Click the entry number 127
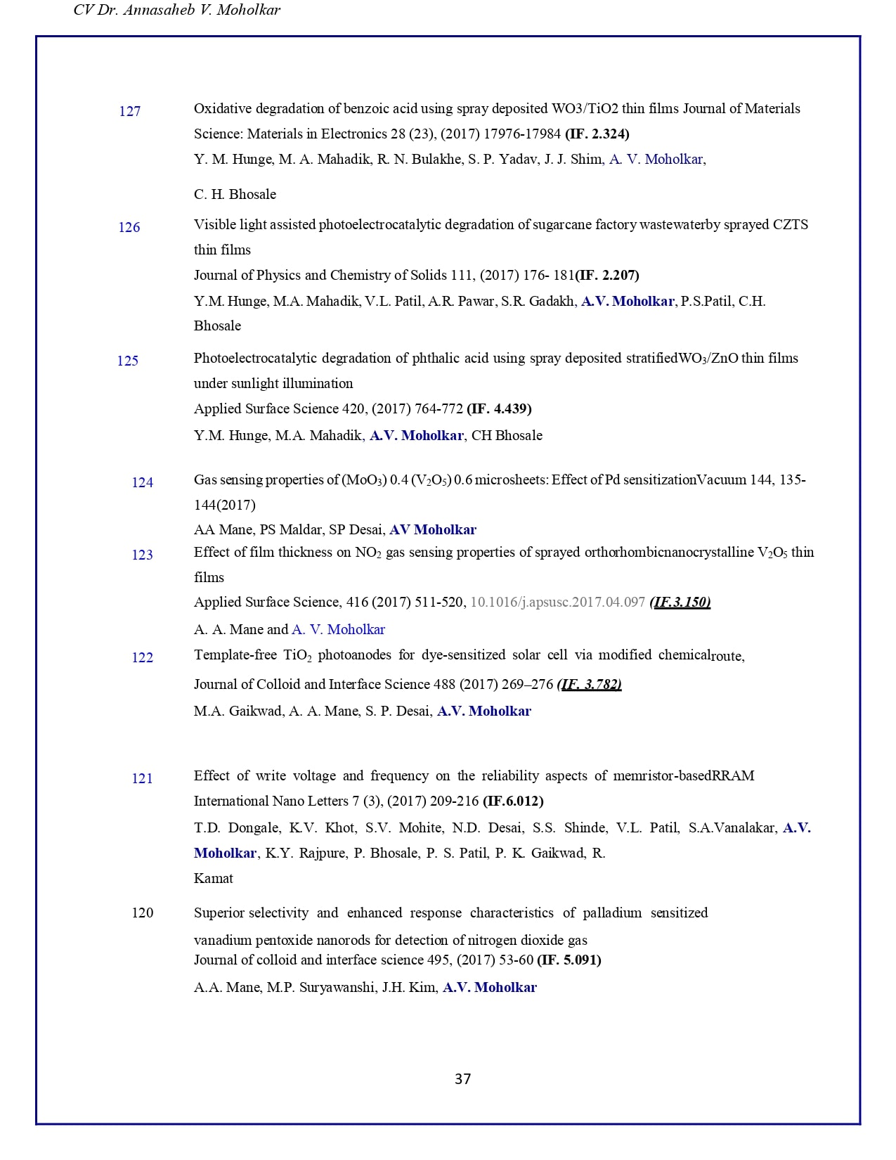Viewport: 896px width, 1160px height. [130, 111]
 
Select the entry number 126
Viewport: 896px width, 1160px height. [129, 227]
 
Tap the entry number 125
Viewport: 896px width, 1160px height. [128, 361]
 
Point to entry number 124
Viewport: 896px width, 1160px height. [143, 482]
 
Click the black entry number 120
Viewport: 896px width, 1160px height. [143, 913]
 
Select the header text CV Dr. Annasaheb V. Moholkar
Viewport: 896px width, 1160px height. [176, 11]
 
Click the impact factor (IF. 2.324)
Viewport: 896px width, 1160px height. [597, 134]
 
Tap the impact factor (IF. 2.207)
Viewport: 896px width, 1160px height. [607, 275]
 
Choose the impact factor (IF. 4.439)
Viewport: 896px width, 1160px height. [499, 408]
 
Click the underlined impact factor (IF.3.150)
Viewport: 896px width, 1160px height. [680, 602]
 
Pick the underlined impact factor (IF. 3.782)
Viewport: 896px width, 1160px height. [589, 684]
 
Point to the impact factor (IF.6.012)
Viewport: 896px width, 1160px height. [513, 801]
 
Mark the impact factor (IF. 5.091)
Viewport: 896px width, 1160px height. [569, 960]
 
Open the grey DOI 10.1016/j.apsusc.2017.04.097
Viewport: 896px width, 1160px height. [557, 602]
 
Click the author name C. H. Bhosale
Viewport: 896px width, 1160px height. [235, 194]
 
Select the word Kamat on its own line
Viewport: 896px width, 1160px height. [214, 878]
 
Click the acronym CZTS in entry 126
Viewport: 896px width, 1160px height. [791, 224]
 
